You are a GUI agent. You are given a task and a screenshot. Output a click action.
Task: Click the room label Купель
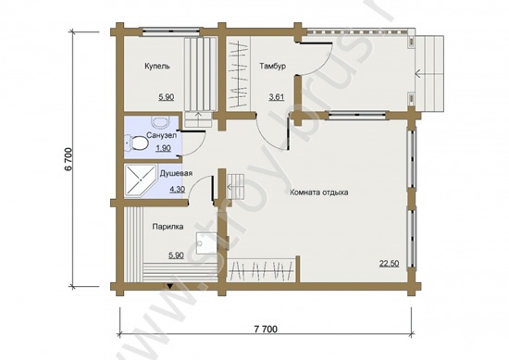pyautogui.click(x=157, y=67)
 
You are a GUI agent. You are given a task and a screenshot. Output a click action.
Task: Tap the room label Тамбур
pyautogui.click(x=273, y=67)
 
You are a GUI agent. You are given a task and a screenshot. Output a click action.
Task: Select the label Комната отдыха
pyautogui.click(x=319, y=192)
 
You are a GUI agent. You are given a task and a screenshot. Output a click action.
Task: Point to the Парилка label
pyautogui.click(x=168, y=227)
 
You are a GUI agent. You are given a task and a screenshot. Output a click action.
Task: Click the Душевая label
pyautogui.click(x=176, y=173)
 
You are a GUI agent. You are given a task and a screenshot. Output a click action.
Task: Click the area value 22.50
pyautogui.click(x=390, y=263)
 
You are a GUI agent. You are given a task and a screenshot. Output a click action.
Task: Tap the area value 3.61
pyautogui.click(x=277, y=97)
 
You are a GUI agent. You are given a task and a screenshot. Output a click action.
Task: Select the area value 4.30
pyautogui.click(x=178, y=189)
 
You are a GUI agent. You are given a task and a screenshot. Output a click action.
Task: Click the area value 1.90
pyautogui.click(x=163, y=148)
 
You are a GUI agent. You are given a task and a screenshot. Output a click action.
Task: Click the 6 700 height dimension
pyautogui.click(x=68, y=159)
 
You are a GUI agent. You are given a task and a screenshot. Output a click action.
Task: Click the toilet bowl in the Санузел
pyautogui.click(x=136, y=143)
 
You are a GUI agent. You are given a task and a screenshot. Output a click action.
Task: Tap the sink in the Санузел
pyautogui.click(x=160, y=122)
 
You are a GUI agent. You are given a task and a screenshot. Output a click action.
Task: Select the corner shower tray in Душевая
pyautogui.click(x=140, y=181)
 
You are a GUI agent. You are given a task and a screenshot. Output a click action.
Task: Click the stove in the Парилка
pyautogui.click(x=206, y=242)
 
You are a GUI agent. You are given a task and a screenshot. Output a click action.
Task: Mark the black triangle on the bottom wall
pyautogui.click(x=169, y=286)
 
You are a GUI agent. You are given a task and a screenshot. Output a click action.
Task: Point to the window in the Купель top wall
pyautogui.click(x=171, y=31)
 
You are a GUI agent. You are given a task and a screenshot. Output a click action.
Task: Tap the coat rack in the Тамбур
pyautogui.click(x=238, y=75)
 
